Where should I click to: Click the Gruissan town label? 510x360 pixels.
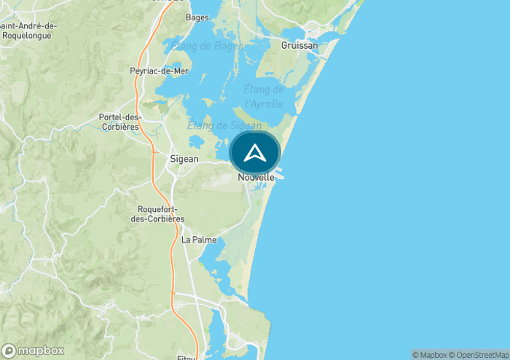click(299, 45)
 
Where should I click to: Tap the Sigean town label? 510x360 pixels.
click(184, 158)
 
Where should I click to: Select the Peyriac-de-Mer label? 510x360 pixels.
click(159, 71)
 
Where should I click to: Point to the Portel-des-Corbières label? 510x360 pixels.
click(119, 122)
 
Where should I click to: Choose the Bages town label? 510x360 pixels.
click(197, 17)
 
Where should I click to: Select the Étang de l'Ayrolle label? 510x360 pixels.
click(264, 96)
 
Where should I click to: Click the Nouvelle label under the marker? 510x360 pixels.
click(256, 177)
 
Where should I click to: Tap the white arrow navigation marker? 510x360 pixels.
click(254, 153)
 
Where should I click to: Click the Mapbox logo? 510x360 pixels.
click(33, 351)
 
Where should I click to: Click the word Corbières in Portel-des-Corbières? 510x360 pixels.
click(119, 127)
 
